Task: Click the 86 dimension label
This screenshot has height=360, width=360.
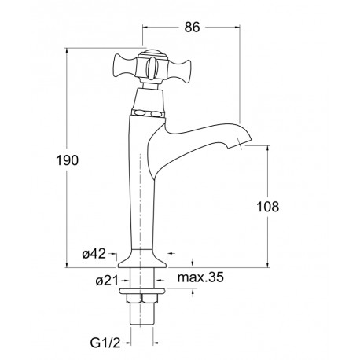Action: coord(192,27)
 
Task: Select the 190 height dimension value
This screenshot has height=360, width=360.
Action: coord(68,160)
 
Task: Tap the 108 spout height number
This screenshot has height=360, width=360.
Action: coord(267,207)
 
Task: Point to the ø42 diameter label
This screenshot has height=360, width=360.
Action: coord(94,254)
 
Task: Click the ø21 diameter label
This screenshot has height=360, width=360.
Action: coord(107,281)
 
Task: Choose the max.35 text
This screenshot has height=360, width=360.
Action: coord(200,277)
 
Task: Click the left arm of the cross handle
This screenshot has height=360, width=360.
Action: coord(125,66)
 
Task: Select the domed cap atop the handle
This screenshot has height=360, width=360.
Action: coord(152,53)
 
